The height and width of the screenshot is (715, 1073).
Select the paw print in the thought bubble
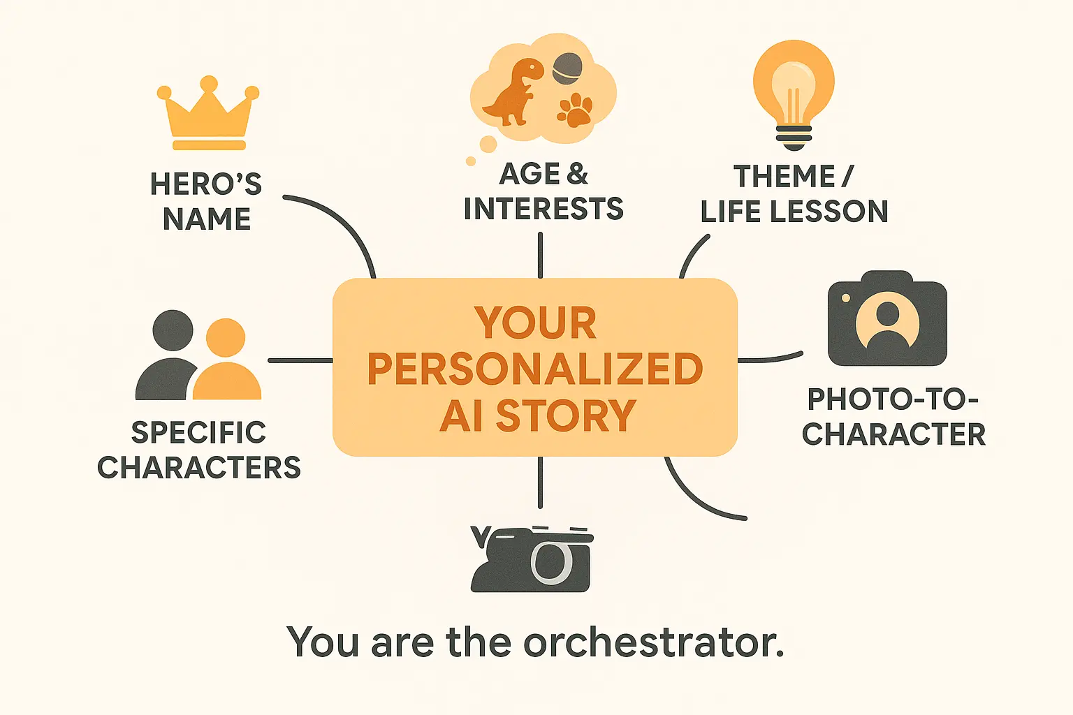click(x=575, y=110)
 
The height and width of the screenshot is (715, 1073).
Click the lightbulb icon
click(x=794, y=91)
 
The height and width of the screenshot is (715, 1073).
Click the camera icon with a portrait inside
click(x=887, y=320)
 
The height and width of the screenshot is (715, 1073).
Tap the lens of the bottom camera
click(x=552, y=561)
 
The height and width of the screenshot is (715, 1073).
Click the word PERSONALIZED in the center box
click(x=535, y=369)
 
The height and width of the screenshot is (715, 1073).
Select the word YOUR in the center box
click(x=535, y=323)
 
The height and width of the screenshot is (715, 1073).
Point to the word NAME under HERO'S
click(x=207, y=219)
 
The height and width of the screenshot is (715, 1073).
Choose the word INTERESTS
click(x=543, y=209)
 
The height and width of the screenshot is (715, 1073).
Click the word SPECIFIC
click(x=199, y=433)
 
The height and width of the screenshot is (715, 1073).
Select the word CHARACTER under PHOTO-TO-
click(x=893, y=434)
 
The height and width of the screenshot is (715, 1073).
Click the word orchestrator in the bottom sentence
click(x=653, y=642)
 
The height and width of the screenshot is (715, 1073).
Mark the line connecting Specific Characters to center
click(x=300, y=360)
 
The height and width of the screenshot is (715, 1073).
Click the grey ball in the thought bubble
click(x=567, y=68)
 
